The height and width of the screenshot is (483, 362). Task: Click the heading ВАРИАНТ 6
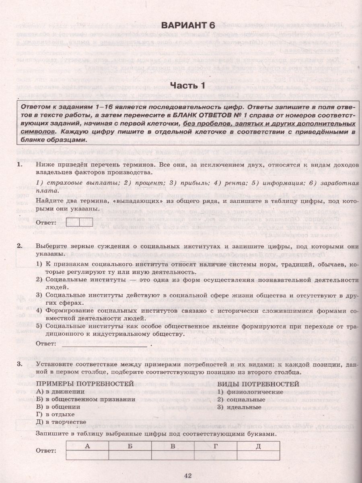(x=188, y=25)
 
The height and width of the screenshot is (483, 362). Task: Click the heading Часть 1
(x=187, y=86)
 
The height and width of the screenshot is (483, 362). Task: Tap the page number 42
(x=188, y=475)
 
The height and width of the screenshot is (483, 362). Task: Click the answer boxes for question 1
(x=80, y=222)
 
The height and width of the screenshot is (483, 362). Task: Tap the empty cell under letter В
(x=173, y=454)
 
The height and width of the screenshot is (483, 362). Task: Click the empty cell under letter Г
(x=216, y=454)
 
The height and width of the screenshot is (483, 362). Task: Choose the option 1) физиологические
(x=250, y=392)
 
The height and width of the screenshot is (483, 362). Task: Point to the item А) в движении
(x=60, y=392)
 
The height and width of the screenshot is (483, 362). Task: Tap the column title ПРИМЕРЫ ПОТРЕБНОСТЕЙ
(x=85, y=384)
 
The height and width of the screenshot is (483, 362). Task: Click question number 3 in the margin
(x=19, y=364)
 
